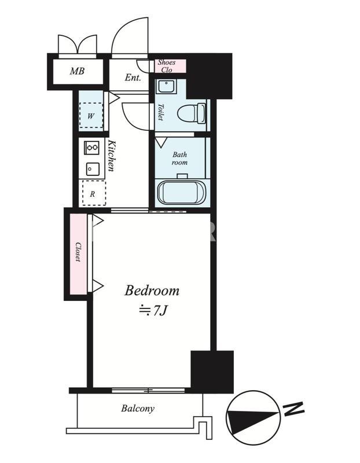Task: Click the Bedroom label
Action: click(152, 291)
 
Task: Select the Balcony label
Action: click(138, 409)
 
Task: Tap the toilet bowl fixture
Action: click(192, 113)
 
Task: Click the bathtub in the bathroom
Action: click(181, 193)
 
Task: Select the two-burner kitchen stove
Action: click(91, 148)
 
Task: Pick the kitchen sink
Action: click(93, 169)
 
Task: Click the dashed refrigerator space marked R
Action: click(94, 193)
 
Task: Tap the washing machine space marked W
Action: click(91, 115)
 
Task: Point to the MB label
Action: click(77, 71)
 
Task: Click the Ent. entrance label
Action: click(133, 78)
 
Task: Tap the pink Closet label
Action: click(78, 252)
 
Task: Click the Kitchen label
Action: click(111, 156)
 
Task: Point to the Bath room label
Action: click(179, 159)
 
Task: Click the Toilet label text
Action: click(161, 112)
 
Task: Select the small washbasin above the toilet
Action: click(167, 86)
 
